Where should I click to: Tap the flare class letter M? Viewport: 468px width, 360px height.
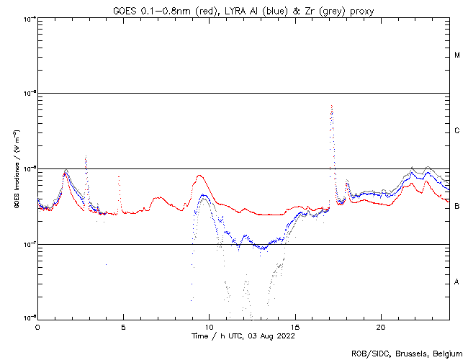(457, 55)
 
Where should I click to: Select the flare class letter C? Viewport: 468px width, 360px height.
(457, 131)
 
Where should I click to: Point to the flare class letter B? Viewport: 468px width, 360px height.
(457, 207)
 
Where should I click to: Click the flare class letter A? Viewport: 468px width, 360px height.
(457, 282)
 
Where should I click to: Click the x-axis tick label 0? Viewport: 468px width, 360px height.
(37, 327)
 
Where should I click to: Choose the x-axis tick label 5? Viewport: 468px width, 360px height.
(123, 327)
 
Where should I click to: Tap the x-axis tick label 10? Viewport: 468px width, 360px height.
(209, 327)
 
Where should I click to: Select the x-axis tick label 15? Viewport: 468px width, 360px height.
(294, 327)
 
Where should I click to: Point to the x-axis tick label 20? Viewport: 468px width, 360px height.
(380, 327)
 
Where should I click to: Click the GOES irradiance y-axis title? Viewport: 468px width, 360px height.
(15, 169)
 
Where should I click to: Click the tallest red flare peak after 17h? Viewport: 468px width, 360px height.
(331, 106)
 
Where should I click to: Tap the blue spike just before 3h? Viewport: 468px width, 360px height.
(86, 157)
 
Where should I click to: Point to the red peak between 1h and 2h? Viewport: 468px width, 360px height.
(65, 174)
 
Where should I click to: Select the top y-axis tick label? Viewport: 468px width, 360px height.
(27, 19)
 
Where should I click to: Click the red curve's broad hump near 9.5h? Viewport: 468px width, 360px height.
(201, 176)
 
